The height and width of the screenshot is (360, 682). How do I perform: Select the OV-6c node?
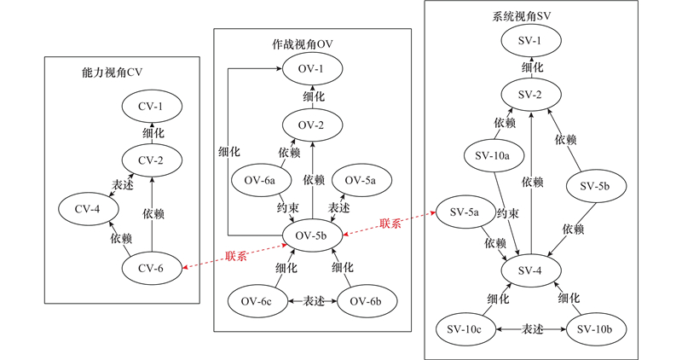tap(256, 300)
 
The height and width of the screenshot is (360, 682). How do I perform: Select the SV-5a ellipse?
tap(464, 212)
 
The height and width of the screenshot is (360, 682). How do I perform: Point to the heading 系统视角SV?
tap(522, 15)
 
